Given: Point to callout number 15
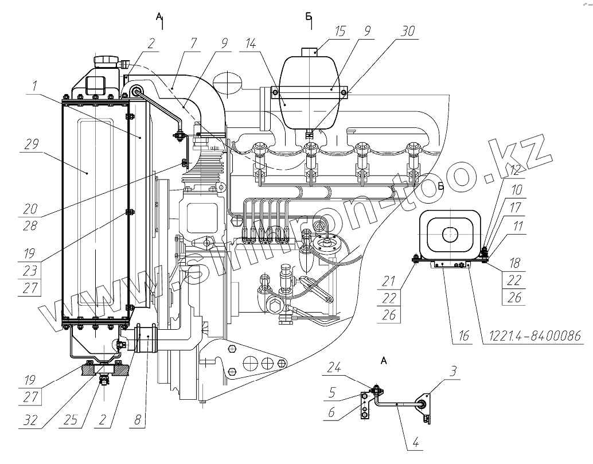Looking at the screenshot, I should pos(341,30).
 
